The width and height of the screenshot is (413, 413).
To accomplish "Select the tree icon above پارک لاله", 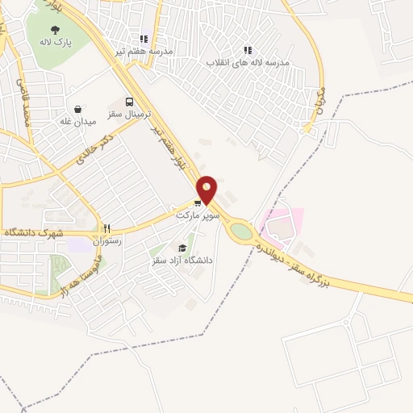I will pyautogui.click(x=54, y=29).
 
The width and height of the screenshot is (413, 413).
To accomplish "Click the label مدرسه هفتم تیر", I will pyautogui.click(x=144, y=51).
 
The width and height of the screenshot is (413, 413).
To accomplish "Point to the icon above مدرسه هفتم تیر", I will pyautogui.click(x=144, y=38).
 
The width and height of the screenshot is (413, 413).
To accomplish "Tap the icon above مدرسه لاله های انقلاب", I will pyautogui.click(x=247, y=49).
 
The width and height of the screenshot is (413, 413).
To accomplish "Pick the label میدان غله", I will pyautogui.click(x=77, y=122).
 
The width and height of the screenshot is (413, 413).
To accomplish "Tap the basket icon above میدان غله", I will pyautogui.click(x=77, y=108).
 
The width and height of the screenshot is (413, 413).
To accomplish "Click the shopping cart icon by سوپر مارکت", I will pyautogui.click(x=198, y=202).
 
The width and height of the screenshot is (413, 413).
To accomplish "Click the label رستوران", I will pyautogui.click(x=106, y=240).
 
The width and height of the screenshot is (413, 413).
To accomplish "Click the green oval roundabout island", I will pyautogui.click(x=241, y=232).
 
